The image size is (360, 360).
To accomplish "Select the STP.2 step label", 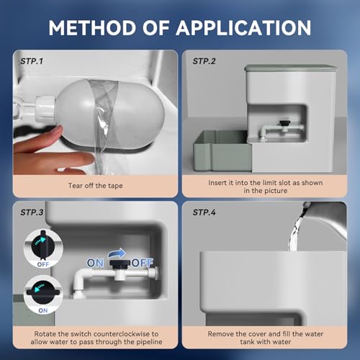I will [206, 61].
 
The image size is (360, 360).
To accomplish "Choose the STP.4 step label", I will [206, 214].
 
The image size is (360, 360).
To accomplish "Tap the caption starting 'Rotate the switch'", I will [94, 338].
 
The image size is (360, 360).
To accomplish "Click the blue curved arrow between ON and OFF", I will [117, 253].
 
